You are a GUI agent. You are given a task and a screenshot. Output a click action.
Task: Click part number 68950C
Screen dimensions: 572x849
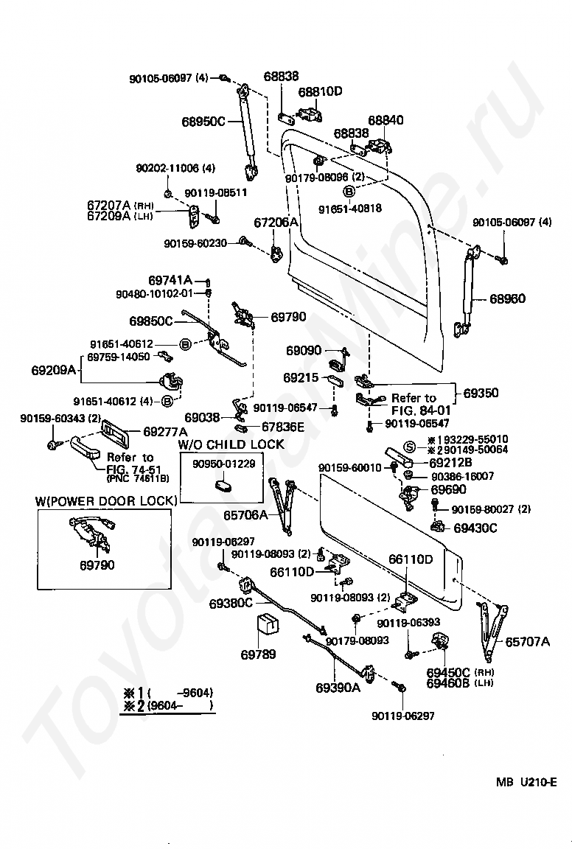pos(203,122)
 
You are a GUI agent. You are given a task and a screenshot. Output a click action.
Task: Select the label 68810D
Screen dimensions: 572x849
pos(320,91)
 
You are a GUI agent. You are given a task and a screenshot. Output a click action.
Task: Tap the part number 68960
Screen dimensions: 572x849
pos(508,298)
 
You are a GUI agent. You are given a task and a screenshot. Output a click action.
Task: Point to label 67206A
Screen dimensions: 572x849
pos(276,222)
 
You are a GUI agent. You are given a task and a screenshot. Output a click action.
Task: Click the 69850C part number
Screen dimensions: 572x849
pos(150,321)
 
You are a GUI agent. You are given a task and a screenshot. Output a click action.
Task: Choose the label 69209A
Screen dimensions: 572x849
pos(54,371)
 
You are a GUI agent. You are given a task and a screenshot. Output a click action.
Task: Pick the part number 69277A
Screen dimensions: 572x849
pos(165,432)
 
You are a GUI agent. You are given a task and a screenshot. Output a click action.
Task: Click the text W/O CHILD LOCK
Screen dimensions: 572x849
pos(231,444)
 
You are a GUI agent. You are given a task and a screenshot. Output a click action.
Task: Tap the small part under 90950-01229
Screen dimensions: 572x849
pos(223,483)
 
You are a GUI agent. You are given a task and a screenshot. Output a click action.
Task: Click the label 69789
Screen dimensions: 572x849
pos(259,654)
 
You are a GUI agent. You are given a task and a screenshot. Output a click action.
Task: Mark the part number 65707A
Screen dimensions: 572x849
pos(528,642)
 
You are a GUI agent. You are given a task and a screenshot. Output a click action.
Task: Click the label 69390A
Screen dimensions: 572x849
pos(338,688)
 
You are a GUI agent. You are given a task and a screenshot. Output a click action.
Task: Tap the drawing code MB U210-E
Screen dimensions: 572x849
pos(526,782)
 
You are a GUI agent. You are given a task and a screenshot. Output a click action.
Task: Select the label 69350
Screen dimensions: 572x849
pos(481,393)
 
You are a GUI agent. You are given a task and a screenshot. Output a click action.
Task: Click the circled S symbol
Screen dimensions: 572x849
pos(410,447)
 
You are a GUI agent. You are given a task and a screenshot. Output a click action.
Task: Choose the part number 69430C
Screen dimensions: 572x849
pos(475,528)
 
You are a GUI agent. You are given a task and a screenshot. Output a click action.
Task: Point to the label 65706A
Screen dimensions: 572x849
pos(245,515)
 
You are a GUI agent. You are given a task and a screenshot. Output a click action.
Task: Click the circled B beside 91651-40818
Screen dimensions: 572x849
pos(349,191)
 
